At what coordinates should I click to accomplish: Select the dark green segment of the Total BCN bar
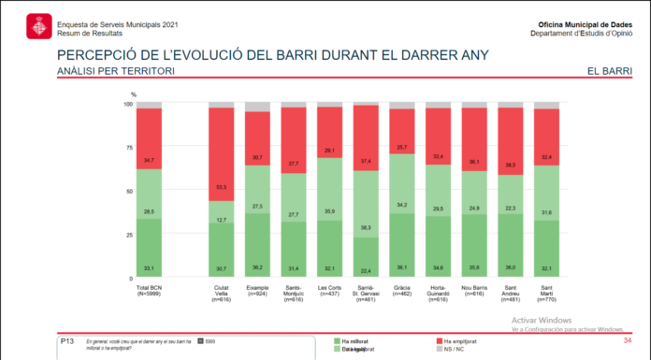[x=150, y=247]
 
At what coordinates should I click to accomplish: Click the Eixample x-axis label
[x=257, y=289]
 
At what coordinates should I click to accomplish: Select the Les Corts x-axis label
[x=329, y=289]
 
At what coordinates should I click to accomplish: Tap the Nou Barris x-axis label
[x=474, y=289]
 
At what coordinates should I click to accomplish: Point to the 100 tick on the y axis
[x=129, y=103]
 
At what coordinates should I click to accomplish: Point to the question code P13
[x=66, y=342]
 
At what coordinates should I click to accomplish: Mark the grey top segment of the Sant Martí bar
[x=546, y=105]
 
